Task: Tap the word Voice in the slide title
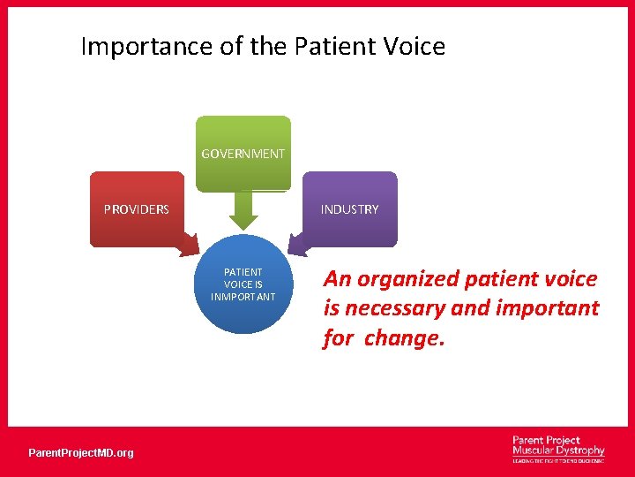tap(415, 46)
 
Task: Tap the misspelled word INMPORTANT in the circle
tap(243, 297)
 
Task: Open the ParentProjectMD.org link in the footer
tap(81, 453)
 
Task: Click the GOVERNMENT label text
tap(243, 154)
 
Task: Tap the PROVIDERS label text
tap(137, 209)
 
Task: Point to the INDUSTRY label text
tap(350, 209)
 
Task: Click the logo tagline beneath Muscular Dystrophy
tap(558, 461)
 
